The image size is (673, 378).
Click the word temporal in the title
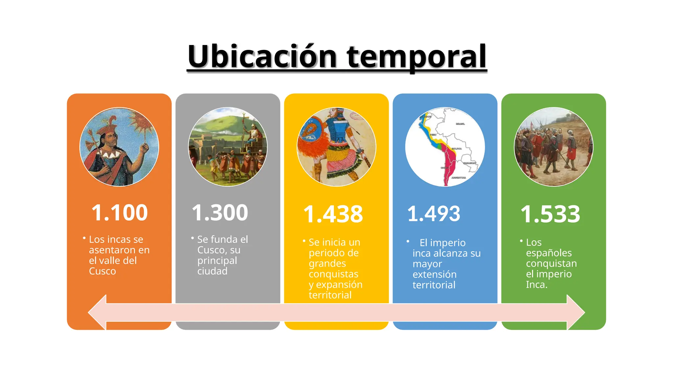417,56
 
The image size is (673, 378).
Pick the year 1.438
333,214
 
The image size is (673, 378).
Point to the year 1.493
433,214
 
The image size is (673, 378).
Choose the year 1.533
550,214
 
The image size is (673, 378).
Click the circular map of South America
445,147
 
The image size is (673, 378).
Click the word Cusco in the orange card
103,271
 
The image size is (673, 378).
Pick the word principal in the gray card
217,261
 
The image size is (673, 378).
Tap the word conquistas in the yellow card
333,274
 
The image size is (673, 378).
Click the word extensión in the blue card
434,274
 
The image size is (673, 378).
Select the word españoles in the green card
548,253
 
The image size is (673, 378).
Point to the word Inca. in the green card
536,284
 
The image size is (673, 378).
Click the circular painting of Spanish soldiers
553,147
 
